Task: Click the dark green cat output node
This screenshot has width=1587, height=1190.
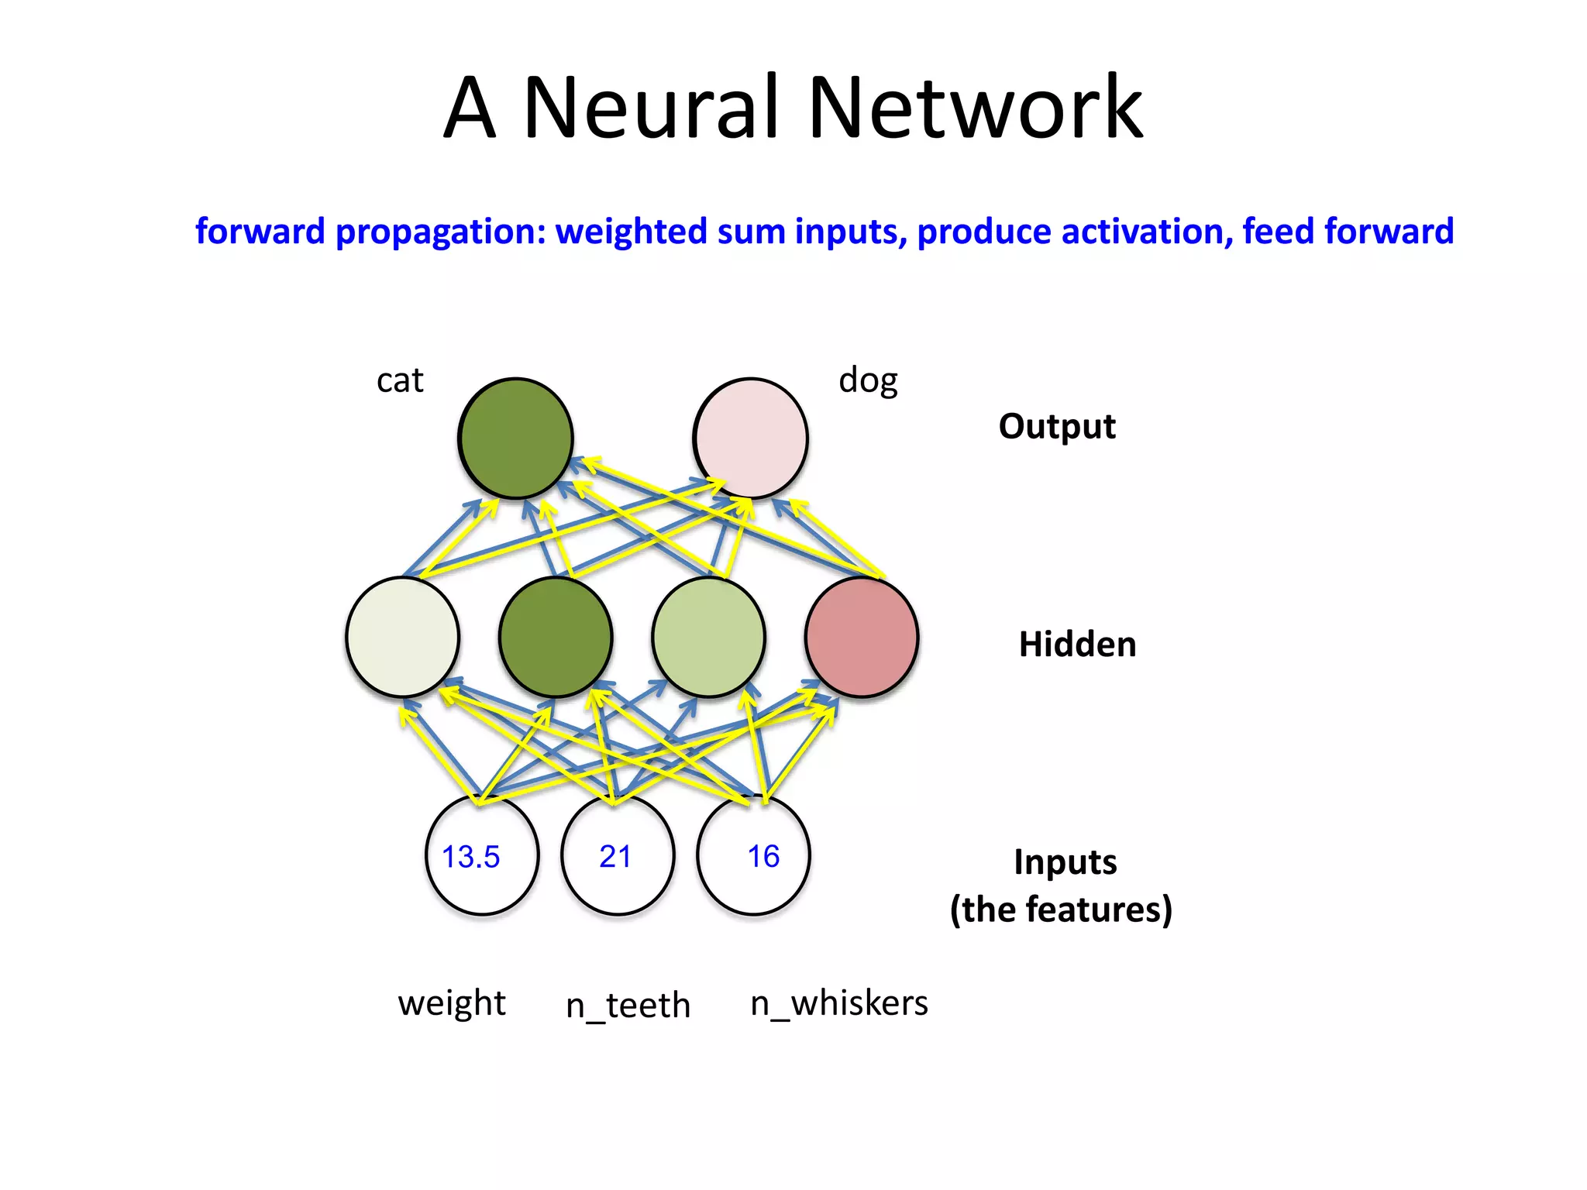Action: [x=515, y=438]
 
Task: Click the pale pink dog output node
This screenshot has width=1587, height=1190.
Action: [x=750, y=438]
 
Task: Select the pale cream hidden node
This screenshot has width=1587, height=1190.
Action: [x=402, y=637]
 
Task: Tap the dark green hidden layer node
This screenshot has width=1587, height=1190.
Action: [x=556, y=637]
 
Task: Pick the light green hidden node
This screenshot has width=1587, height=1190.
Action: [x=708, y=637]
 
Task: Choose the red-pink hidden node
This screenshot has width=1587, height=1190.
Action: [x=862, y=637]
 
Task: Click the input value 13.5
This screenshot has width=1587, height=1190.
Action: [x=470, y=857]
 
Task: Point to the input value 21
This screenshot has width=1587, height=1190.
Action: [x=615, y=857]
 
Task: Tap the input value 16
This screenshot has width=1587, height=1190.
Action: [x=763, y=857]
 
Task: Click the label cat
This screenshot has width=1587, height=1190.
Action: [x=400, y=380]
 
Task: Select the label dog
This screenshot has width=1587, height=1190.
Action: [x=868, y=380]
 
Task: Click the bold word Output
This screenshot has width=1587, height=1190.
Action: [x=1057, y=426]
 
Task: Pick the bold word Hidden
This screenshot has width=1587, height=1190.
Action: [x=1077, y=645]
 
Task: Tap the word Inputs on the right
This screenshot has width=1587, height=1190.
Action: [x=1065, y=862]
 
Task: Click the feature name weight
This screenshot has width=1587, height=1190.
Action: [x=452, y=1003]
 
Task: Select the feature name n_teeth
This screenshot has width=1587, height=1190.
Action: [x=628, y=1006]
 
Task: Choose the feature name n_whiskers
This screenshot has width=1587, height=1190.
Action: [x=839, y=1003]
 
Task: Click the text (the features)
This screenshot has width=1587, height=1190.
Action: [x=1061, y=910]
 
